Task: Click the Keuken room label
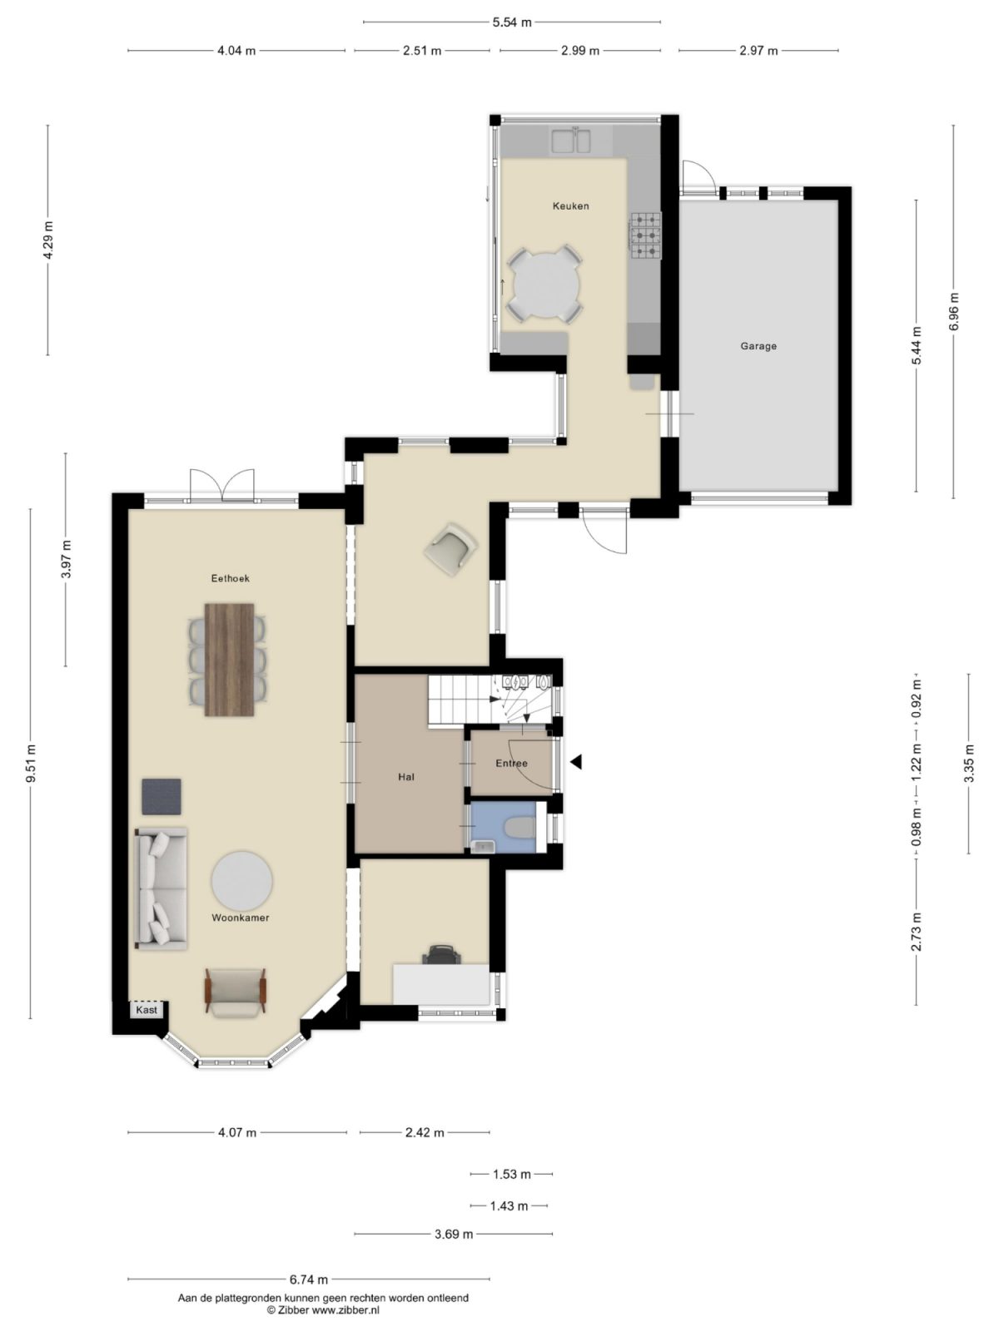point(570,205)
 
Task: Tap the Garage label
point(758,346)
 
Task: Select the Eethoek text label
point(231,578)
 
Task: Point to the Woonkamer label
point(240,918)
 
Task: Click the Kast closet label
point(147,1010)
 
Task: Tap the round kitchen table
point(545,285)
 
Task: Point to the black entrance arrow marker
point(575,762)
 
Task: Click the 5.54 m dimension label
point(511,22)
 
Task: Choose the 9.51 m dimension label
point(31,763)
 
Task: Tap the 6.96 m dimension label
point(954,311)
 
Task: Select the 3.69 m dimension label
point(454,1234)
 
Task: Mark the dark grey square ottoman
point(162,796)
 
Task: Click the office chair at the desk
point(441,954)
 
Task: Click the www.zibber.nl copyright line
point(323,1309)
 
